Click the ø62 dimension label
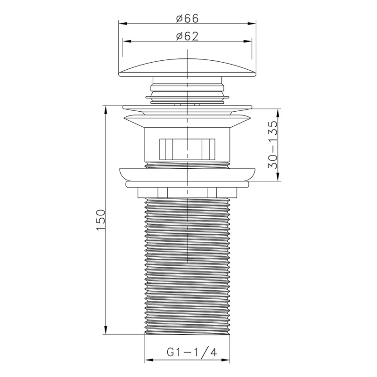[x=188, y=36]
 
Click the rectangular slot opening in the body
[x=188, y=149]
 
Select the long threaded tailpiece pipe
[x=188, y=264]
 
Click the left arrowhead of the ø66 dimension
[x=121, y=23]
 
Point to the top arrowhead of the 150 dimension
[x=105, y=109]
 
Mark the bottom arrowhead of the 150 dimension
[x=105, y=331]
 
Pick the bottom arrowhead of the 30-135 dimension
[x=277, y=178]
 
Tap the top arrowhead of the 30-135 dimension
[x=277, y=112]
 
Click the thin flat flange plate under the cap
[x=188, y=107]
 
